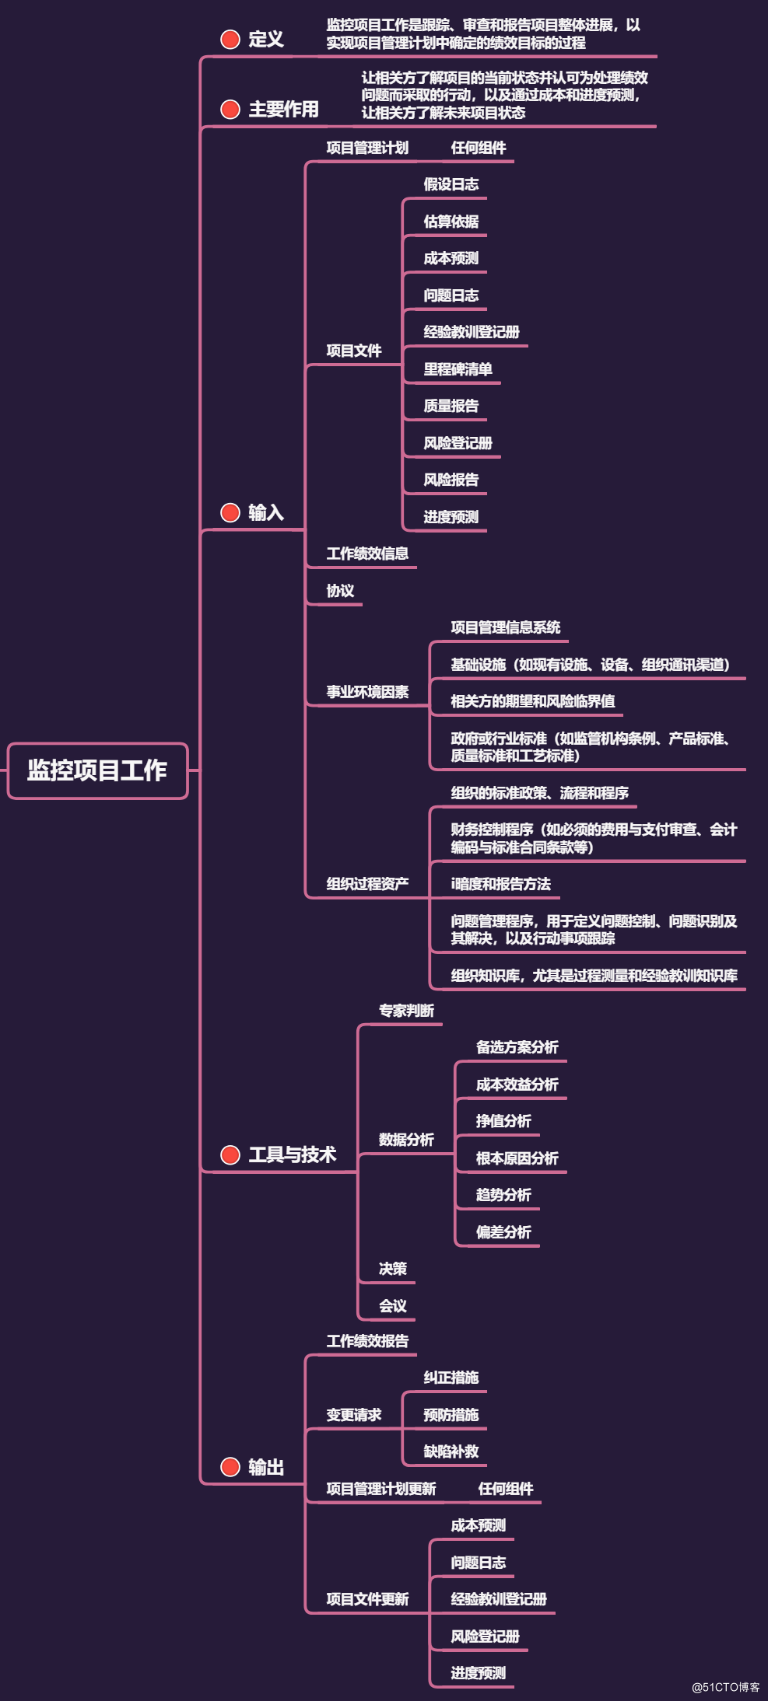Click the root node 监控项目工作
tap(97, 770)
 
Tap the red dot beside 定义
tap(230, 39)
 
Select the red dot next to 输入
tap(230, 512)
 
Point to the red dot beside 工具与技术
tap(230, 1154)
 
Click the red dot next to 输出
tap(230, 1467)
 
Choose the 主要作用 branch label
tap(283, 110)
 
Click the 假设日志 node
tap(451, 184)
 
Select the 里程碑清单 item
tap(458, 369)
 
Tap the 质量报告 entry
tap(451, 406)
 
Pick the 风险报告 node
tap(451, 480)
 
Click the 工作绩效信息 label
tap(367, 554)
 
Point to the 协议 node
tap(340, 591)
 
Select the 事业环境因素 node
tap(367, 692)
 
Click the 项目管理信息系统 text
tap(505, 627)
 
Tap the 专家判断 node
tap(406, 1011)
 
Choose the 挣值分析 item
tap(503, 1121)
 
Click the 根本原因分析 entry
tap(517, 1158)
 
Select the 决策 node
tap(392, 1269)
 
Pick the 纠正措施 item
tap(451, 1378)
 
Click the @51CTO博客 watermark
tap(726, 1687)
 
